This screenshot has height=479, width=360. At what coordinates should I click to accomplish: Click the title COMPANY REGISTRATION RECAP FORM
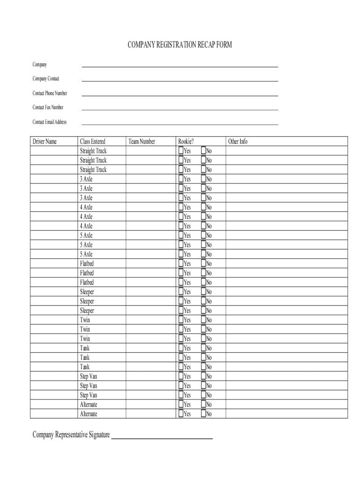pos(180,45)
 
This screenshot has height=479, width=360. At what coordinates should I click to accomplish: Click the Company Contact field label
pos(46,79)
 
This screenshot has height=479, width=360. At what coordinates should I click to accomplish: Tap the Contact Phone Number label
pos(50,93)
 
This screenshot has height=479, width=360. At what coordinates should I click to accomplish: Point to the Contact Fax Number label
pos(48,107)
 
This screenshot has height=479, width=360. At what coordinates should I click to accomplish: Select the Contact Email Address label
pos(50,122)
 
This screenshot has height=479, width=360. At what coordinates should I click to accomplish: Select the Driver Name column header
pos(44,141)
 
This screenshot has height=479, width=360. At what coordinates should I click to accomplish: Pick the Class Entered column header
pos(93,141)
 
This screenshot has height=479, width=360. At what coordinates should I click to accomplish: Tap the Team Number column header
pos(142,141)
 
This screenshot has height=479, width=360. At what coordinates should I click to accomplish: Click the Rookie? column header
pos(186,141)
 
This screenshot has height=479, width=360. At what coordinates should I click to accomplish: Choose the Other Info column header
pos(238,141)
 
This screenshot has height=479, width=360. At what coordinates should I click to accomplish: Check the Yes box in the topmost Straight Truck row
pos(181,151)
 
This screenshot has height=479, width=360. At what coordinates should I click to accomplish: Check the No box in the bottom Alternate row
pos(203,414)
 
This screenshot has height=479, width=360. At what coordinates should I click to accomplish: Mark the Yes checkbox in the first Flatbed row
pos(181,263)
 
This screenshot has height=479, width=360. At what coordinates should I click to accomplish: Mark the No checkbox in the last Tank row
pos(203,367)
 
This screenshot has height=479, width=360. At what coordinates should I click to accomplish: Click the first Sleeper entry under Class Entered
pos(87,292)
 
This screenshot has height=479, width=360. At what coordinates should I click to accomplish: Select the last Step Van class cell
pos(89,395)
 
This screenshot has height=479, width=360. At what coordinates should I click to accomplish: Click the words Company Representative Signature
pos(71,435)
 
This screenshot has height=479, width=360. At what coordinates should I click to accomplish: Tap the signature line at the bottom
pos(162,437)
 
